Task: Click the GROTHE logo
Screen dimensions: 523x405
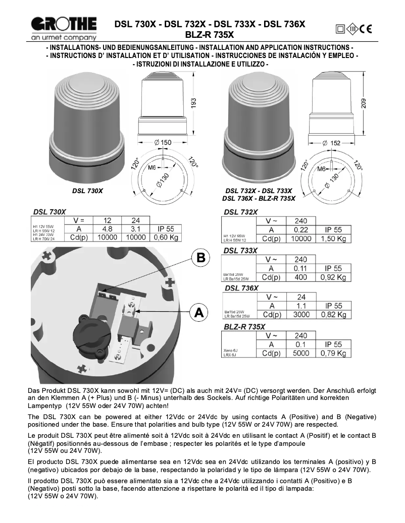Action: point(63,27)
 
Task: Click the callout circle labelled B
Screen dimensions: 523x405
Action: point(200,258)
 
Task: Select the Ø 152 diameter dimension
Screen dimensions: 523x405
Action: point(331,143)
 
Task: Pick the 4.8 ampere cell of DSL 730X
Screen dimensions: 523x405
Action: point(107,229)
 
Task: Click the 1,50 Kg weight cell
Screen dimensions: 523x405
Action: point(333,239)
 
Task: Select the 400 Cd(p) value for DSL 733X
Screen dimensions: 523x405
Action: point(300,277)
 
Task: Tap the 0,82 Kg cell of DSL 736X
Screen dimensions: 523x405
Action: point(333,315)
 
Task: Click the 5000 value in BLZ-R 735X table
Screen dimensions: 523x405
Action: point(300,353)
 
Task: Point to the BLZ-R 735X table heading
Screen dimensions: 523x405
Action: point(244,327)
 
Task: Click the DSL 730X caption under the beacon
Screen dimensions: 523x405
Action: point(87,191)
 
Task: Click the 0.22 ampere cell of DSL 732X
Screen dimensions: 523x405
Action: point(300,230)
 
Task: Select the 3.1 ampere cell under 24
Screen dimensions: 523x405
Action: point(135,229)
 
